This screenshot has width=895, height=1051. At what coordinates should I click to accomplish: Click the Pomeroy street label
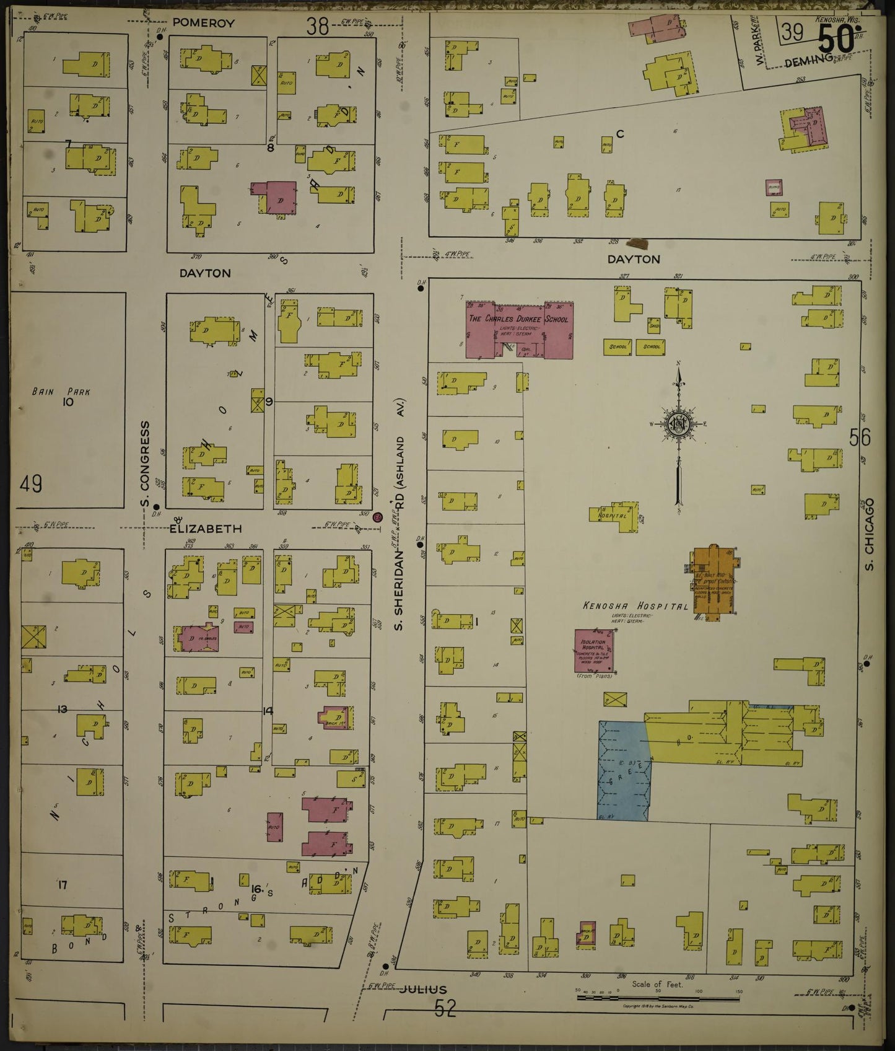point(194,23)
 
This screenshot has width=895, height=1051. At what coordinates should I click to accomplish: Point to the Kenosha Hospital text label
point(634,606)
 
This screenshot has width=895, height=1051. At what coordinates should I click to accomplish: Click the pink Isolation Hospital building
point(593,651)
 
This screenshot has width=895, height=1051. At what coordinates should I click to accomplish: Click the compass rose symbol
point(678,424)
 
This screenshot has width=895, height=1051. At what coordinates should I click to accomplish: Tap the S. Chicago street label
point(868,534)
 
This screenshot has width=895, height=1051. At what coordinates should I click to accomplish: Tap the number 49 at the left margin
point(31,483)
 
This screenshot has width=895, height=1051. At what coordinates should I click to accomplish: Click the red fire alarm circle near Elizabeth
point(378,517)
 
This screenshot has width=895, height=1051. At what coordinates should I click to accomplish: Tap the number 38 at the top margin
point(318,26)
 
